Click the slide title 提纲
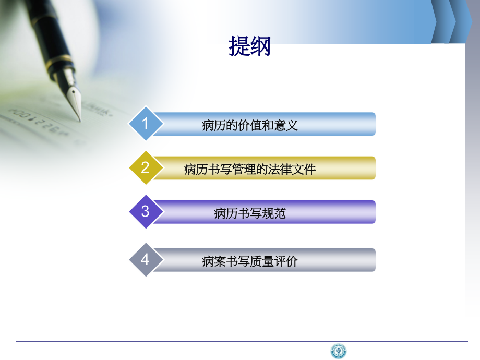click(x=250, y=46)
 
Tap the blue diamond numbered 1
click(x=145, y=124)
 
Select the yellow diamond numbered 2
click(x=145, y=167)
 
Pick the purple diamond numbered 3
click(x=145, y=211)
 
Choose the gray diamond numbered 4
click(x=145, y=259)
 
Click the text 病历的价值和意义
click(x=250, y=125)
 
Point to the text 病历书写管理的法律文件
click(x=250, y=169)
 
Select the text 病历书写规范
click(x=250, y=213)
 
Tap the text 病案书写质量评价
click(x=250, y=261)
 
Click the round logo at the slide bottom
click(x=339, y=351)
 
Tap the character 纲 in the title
click(x=261, y=46)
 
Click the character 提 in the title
click(x=239, y=46)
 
